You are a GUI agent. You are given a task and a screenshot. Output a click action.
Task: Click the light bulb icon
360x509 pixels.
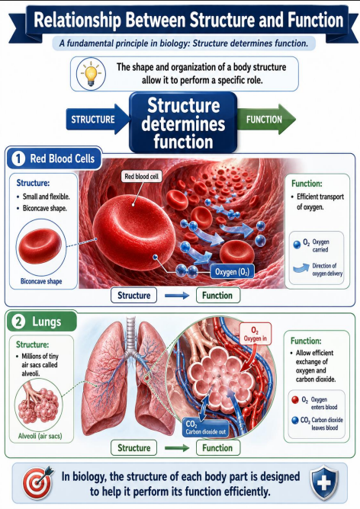point(92,73)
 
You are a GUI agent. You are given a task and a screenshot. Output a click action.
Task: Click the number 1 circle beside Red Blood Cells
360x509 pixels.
point(18,158)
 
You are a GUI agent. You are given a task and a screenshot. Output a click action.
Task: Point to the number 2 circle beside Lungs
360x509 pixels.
point(18,322)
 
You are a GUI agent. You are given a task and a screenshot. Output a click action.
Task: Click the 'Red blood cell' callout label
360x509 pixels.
point(141,176)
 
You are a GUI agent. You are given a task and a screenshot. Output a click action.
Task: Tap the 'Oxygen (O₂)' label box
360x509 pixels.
point(232,272)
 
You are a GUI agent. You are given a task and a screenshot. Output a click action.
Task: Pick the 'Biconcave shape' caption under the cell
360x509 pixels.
point(41,281)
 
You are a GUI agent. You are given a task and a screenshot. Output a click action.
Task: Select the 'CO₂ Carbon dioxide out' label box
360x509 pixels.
point(205,427)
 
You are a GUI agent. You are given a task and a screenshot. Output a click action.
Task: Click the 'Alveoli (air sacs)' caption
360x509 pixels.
point(40,436)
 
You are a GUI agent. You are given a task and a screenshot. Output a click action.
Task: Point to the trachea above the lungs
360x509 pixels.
point(131,335)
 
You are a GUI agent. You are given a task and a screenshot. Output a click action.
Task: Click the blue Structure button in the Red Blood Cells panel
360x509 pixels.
point(133,296)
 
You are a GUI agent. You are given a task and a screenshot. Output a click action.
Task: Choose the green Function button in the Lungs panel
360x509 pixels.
point(217,448)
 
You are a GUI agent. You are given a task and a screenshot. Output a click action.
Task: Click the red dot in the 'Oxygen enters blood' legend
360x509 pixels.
point(295,400)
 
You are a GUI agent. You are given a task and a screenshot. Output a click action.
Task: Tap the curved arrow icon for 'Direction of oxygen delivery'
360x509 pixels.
point(301,268)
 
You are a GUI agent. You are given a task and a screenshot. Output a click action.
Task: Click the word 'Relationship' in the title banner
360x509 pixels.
point(77,20)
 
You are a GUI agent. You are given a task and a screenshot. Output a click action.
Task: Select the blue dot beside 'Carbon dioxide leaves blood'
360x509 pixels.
point(295,421)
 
